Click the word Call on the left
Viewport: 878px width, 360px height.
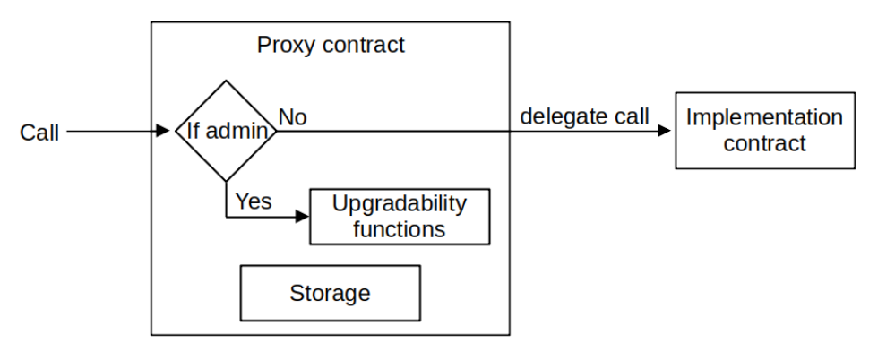click(x=39, y=133)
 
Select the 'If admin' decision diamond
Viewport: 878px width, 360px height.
click(x=225, y=131)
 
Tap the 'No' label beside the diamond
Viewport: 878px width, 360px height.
click(x=293, y=117)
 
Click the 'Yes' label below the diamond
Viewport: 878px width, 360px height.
click(x=253, y=201)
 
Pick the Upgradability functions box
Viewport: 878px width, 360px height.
click(x=400, y=216)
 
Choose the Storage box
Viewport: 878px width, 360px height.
click(x=330, y=293)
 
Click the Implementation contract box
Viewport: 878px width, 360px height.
click(x=764, y=130)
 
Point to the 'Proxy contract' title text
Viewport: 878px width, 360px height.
click(x=331, y=46)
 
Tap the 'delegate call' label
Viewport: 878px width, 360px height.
click(x=584, y=116)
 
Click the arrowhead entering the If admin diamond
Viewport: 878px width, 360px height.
click(x=163, y=132)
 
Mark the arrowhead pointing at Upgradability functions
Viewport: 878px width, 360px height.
click(x=302, y=217)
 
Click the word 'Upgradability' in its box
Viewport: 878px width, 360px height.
click(x=400, y=204)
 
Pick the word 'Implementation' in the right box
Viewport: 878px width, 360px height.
click(x=764, y=117)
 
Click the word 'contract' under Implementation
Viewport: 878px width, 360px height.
click(x=764, y=142)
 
